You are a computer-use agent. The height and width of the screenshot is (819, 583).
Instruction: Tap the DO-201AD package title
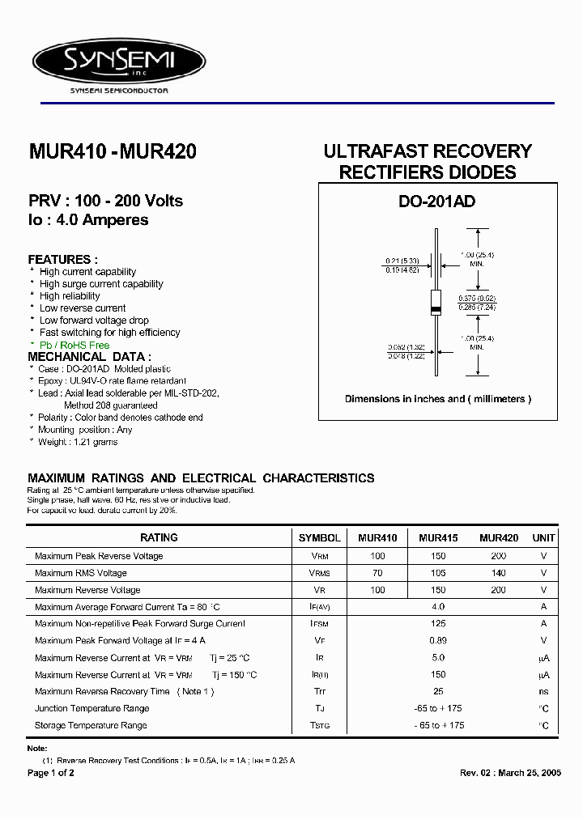coord(437,202)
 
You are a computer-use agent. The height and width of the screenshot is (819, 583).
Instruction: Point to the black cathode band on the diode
coord(436,311)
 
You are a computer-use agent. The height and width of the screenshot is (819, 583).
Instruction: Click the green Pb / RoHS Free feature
coord(74,345)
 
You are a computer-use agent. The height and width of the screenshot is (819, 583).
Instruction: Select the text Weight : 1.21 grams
coord(79,442)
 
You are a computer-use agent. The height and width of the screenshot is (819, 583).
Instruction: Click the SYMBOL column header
coord(320,537)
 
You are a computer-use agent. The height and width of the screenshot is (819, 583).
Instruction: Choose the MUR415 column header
coord(438,537)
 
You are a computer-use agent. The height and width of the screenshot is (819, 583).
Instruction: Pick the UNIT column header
coord(543,537)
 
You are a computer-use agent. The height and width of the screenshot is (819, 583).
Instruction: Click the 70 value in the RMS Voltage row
coord(377,573)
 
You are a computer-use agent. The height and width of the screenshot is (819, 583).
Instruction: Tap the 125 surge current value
coord(438,624)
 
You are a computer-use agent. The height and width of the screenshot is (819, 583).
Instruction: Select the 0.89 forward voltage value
coord(438,641)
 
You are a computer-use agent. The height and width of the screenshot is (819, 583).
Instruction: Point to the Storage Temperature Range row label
coord(91,726)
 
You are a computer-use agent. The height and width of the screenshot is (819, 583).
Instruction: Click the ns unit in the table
coord(543,692)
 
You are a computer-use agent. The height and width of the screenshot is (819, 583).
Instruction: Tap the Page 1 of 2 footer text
coord(51,773)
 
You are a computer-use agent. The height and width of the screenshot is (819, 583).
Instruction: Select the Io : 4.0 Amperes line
coord(88,220)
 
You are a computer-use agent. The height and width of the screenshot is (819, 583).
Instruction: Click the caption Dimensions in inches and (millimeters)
coord(437,399)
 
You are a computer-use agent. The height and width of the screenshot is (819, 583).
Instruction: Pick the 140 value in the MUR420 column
coord(499,573)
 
